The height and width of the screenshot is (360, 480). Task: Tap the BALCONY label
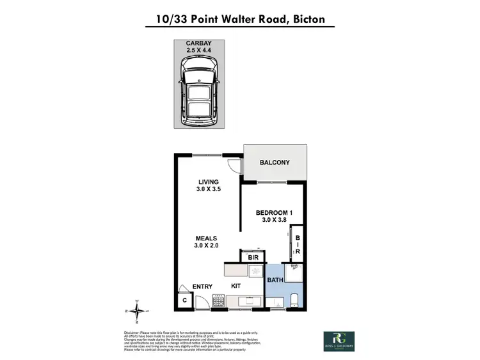[x=274, y=162]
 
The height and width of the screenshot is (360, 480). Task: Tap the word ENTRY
[x=202, y=286]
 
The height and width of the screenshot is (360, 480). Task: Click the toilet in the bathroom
[x=294, y=300]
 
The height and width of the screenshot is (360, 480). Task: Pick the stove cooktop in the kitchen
[x=218, y=301]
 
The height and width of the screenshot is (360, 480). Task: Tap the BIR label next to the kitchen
[x=253, y=258]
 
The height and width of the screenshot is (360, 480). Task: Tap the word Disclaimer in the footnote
[x=134, y=333]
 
